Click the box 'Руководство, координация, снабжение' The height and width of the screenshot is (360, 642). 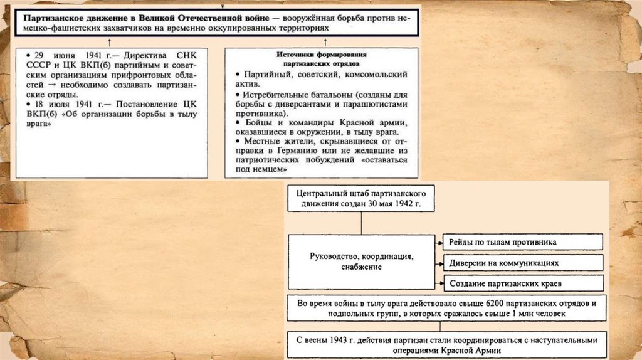click(x=362, y=262)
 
